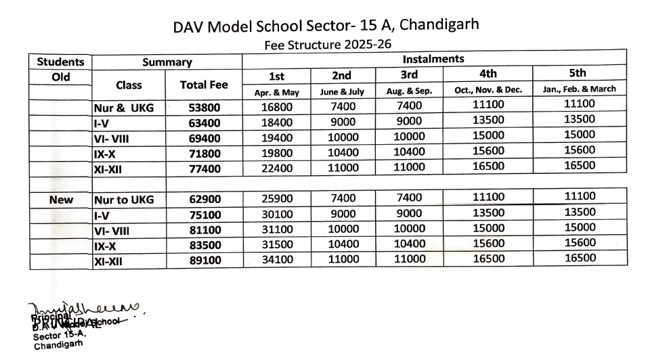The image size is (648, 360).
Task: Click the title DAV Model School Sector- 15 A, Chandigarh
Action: [x=326, y=27]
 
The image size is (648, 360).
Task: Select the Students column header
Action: [x=60, y=62]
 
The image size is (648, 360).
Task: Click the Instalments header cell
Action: [x=433, y=59]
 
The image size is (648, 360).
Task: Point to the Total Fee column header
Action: [x=204, y=85]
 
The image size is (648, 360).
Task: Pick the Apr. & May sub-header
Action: [x=276, y=91]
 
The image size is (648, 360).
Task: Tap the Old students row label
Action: [x=61, y=77]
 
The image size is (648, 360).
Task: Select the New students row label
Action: [x=61, y=200]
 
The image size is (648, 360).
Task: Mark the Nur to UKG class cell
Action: [x=124, y=200]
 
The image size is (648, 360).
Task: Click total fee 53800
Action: [x=204, y=107]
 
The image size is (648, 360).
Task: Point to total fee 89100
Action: [x=204, y=260]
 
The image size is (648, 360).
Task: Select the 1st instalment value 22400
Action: [x=276, y=167]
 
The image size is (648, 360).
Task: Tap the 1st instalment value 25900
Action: [x=276, y=198]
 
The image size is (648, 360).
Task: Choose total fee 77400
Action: [x=204, y=168]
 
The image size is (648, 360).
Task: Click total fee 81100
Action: [x=204, y=230]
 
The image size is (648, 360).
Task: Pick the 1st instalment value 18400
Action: [x=276, y=122]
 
